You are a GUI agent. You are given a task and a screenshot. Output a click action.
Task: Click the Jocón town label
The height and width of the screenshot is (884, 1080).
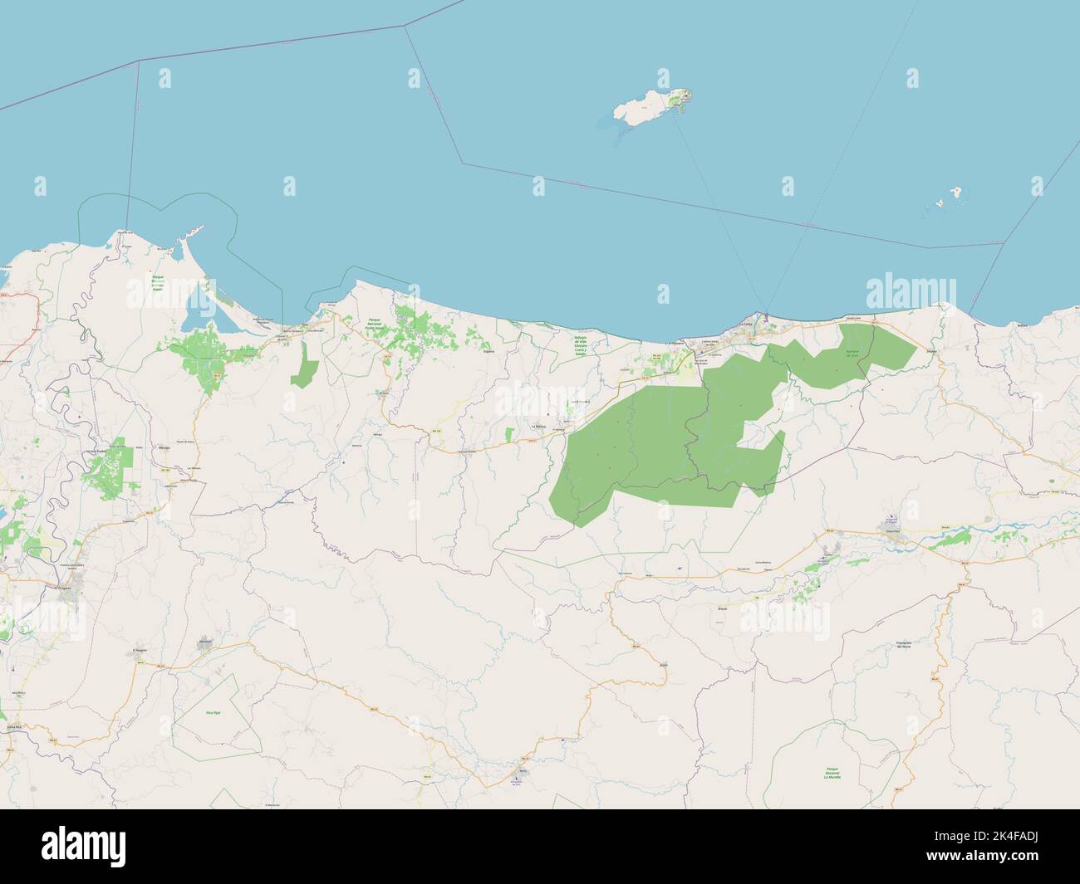point(662,666)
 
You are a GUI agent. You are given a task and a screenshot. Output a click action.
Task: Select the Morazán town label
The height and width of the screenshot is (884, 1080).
point(205,642)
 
